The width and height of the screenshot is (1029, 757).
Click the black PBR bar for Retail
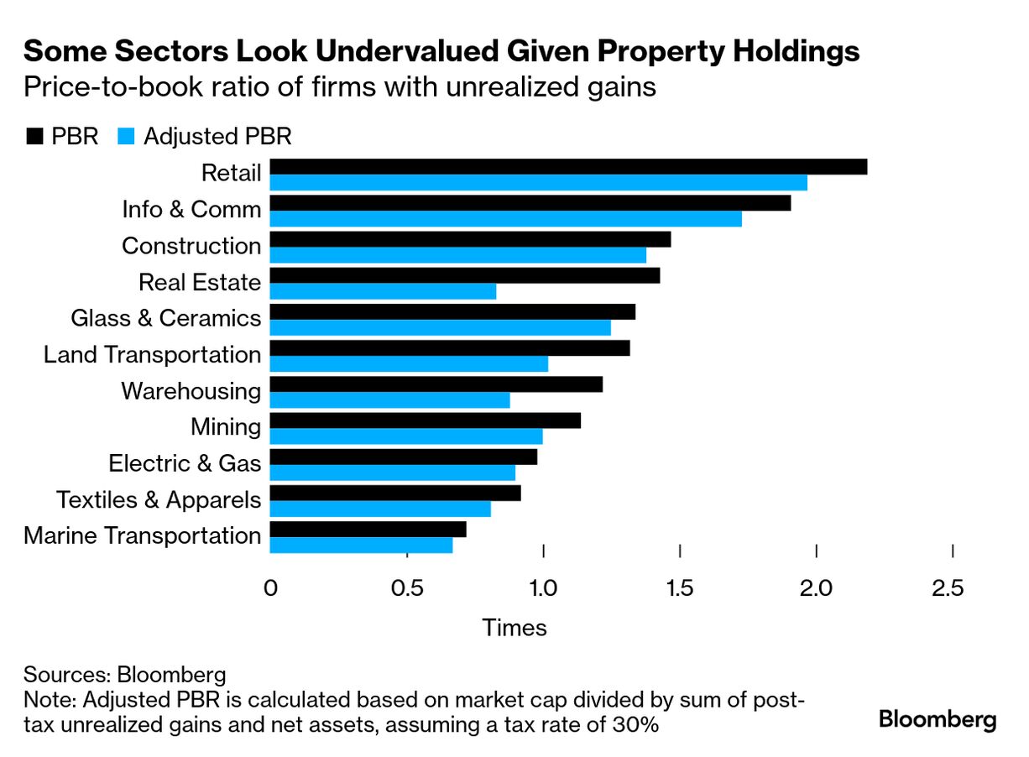[568, 167]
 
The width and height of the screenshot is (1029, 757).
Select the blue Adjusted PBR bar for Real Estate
[383, 291]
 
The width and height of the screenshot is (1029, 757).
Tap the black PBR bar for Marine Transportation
[368, 530]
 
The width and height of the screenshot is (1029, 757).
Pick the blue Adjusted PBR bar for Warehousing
[389, 400]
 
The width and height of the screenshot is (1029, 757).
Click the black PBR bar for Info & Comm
[530, 203]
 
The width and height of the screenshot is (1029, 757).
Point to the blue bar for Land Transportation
[409, 364]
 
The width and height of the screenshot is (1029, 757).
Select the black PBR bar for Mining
[425, 420]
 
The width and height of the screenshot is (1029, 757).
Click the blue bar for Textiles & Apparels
[380, 509]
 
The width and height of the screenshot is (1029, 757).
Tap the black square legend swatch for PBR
[34, 137]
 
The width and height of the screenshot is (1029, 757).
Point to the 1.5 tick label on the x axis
[680, 589]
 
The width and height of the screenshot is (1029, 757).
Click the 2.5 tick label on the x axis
[948, 589]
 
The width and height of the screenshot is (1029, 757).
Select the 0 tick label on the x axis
[270, 589]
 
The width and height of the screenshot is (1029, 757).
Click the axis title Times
[514, 628]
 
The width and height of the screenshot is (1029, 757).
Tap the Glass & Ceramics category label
[166, 318]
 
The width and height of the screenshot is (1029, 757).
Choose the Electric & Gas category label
[185, 463]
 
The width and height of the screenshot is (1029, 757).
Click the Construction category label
[191, 246]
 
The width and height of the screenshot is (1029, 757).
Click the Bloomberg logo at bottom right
[938, 719]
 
